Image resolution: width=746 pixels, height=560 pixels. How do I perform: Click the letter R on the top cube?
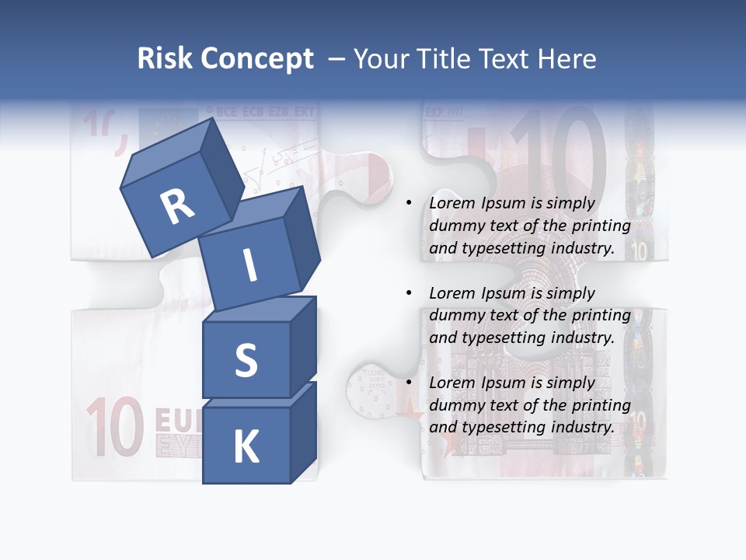coord(178,207)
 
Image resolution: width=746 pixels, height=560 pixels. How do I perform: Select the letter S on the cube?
coord(246,360)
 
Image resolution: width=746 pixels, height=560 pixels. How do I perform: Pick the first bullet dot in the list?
coord(409,204)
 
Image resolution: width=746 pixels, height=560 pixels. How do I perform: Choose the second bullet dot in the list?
coord(409,294)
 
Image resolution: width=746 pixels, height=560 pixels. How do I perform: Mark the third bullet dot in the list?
coord(409,383)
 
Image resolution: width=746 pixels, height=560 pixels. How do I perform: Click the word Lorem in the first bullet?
coord(452,203)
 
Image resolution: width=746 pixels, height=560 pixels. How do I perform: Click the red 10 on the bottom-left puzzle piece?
coord(115,428)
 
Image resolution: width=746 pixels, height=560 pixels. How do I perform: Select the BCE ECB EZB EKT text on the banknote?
coord(260,113)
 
